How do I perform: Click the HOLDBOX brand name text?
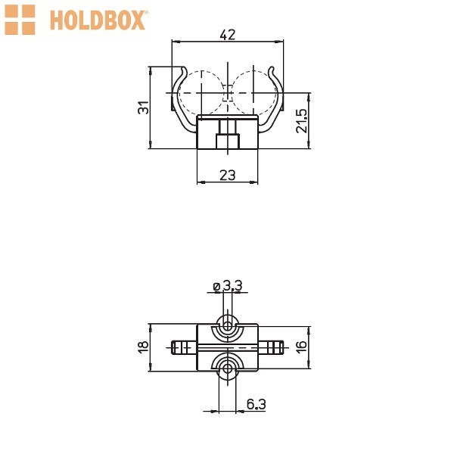pyautogui.click(x=98, y=20)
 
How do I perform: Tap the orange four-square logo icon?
pyautogui.click(x=20, y=20)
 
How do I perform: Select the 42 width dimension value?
pyautogui.click(x=228, y=35)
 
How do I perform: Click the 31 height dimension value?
pyautogui.click(x=143, y=107)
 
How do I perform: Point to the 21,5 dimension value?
pyautogui.click(x=301, y=121)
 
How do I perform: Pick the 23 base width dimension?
pyautogui.click(x=228, y=176)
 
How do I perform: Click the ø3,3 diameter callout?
pyautogui.click(x=227, y=286)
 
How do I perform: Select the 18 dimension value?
pyautogui.click(x=143, y=347)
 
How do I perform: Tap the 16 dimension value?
pyautogui.click(x=301, y=347)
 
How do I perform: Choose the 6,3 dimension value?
pyautogui.click(x=257, y=404)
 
